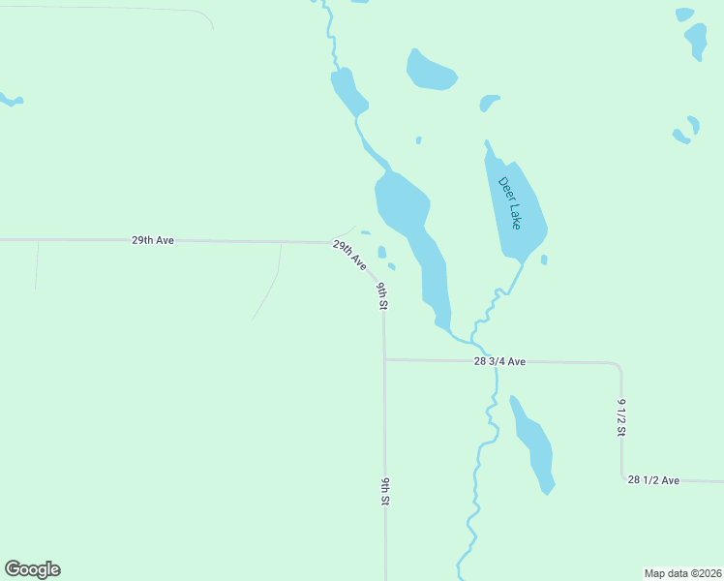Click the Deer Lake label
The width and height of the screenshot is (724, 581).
coord(510,202)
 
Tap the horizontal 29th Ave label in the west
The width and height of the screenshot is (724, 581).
coord(153,239)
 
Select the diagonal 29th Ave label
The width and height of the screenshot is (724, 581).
coord(349,255)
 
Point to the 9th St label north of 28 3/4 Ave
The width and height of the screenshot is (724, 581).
coord(383,295)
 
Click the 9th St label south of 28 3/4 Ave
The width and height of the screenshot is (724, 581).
coord(384,492)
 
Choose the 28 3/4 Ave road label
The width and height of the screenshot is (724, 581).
coord(499,361)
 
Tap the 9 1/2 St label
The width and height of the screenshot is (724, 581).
coord(622,416)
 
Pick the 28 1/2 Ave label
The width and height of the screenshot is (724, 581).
coord(653,479)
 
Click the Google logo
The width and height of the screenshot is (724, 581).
coord(32,569)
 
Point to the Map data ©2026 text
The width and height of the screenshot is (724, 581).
coord(682,572)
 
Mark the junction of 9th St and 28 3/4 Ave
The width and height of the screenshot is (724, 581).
coord(384,360)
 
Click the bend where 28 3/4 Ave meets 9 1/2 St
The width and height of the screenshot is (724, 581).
coord(618,365)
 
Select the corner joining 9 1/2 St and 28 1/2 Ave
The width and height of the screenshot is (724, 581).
coord(622,477)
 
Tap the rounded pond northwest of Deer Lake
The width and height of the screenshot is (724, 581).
coord(431,71)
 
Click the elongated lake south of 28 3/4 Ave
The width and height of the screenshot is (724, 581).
coord(534,445)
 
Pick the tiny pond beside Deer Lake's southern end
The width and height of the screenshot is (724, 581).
coord(544,260)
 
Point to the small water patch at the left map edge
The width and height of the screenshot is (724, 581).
coord(10,100)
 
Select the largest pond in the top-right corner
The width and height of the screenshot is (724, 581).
coord(696,40)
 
